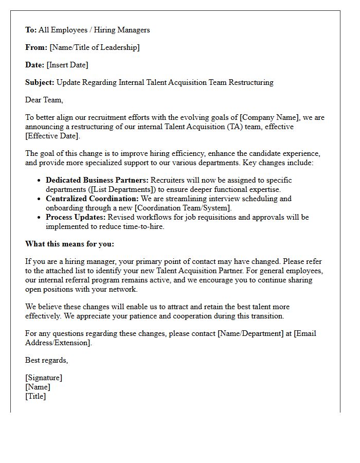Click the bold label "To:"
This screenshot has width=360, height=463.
[31, 30]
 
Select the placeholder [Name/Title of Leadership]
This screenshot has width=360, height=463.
[94, 47]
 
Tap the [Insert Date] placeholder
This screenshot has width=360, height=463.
[67, 65]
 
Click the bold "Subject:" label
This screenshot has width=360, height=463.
[40, 82]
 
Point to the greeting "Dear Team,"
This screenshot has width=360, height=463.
[44, 100]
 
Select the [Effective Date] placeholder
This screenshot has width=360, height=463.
[52, 136]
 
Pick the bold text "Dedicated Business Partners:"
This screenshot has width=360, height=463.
[97, 180]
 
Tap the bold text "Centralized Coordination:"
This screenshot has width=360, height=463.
[92, 199]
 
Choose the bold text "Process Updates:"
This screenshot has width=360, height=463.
[76, 217]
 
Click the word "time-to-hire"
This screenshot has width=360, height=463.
[141, 226]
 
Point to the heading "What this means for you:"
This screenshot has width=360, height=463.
[69, 244]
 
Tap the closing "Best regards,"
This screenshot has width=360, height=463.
[46, 360]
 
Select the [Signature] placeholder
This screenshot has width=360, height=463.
[44, 378]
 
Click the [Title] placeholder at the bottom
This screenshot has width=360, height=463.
[35, 396]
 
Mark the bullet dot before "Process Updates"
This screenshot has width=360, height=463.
[40, 218]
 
